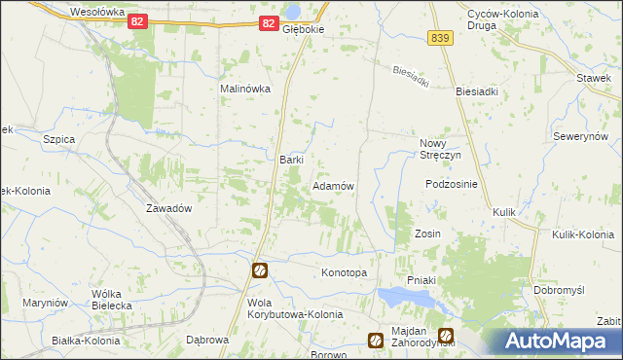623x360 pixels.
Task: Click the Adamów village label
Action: (x=332, y=185)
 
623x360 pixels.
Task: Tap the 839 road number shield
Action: (x=439, y=37)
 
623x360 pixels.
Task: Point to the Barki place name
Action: (x=292, y=160)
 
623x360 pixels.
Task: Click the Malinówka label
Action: (x=244, y=89)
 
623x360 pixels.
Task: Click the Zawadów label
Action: (x=167, y=208)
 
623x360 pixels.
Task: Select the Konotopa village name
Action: (x=344, y=272)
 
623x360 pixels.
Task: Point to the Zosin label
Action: (x=428, y=234)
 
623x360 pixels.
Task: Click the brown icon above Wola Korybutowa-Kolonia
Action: (x=260, y=270)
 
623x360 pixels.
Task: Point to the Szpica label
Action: (x=59, y=139)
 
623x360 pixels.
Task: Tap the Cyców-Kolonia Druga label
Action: (x=495, y=19)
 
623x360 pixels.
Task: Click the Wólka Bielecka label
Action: (x=111, y=299)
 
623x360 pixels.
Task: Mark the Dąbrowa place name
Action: (x=205, y=340)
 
